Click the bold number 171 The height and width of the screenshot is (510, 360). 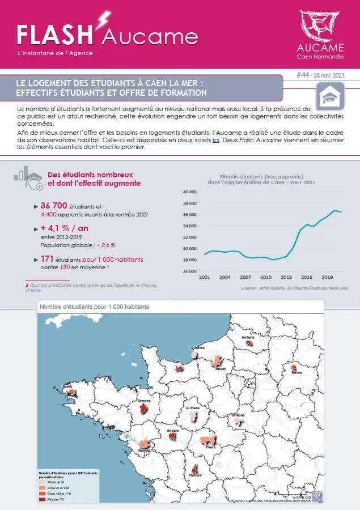(x=47, y=258)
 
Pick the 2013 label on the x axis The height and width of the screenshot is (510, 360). (x=286, y=278)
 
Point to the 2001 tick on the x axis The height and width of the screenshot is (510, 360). (x=205, y=278)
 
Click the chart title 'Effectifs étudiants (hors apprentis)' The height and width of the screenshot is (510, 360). (x=261, y=176)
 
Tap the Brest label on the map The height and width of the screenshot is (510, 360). (x=67, y=386)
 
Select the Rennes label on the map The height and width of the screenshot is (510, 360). (x=144, y=401)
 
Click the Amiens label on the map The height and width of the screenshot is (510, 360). (x=248, y=337)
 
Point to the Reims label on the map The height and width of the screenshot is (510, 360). (x=297, y=372)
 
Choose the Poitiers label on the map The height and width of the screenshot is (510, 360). (x=195, y=475)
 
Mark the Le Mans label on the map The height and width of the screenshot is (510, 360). (x=192, y=408)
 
